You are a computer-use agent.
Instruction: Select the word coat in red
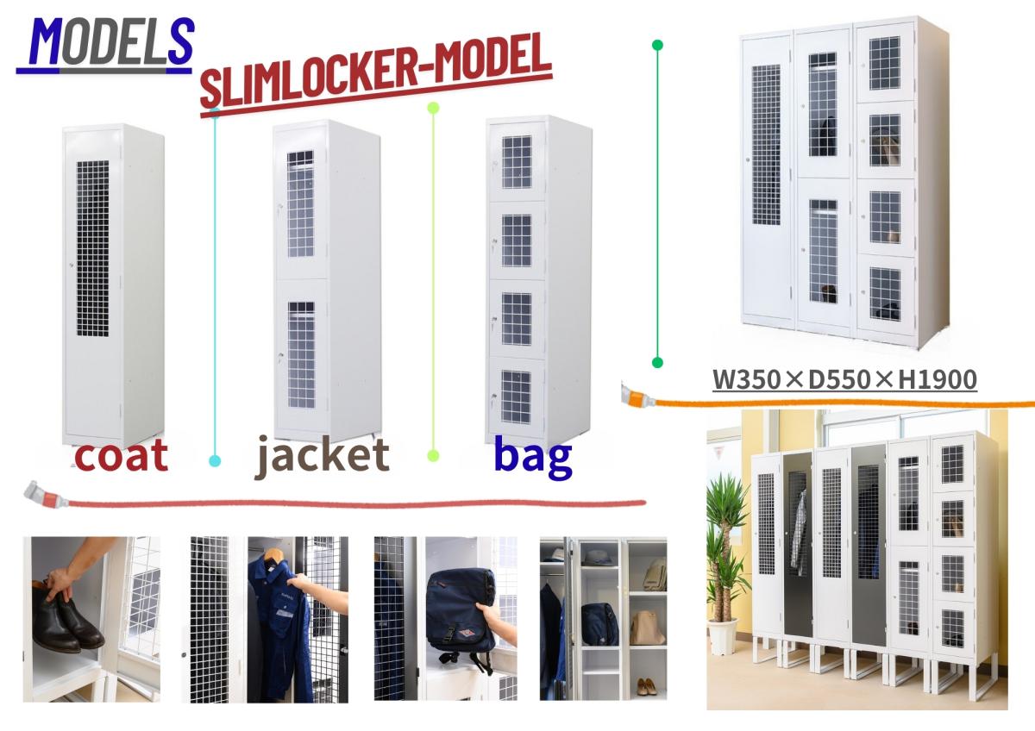pos(121,456)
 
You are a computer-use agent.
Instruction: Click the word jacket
pos(322,456)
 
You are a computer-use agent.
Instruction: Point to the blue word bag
pos(533,457)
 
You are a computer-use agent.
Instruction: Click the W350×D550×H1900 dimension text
pos(844,379)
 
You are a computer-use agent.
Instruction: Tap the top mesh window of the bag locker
pos(517,162)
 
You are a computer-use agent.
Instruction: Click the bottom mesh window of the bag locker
pos(516,397)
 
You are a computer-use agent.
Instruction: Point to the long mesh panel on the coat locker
pos(92,248)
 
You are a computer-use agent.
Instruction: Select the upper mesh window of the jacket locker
pos(300,204)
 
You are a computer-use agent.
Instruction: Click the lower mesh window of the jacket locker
pos(301,354)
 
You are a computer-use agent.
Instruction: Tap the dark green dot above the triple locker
pos(657,45)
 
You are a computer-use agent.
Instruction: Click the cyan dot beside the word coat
pos(215,460)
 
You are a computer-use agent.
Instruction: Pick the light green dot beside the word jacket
pos(433,456)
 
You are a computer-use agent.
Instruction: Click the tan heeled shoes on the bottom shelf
pos(646,687)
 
